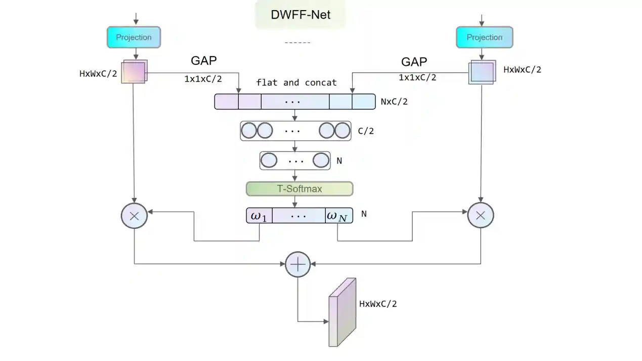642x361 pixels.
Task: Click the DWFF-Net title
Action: (x=301, y=15)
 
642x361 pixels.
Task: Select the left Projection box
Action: (x=134, y=37)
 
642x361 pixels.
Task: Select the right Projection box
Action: (x=484, y=37)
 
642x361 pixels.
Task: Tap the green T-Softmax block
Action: (x=299, y=189)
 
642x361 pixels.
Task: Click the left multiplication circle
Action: (x=134, y=216)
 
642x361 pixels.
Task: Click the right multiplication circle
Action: (x=481, y=216)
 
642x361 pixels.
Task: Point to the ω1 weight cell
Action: (x=258, y=216)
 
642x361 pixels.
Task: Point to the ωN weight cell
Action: (x=337, y=216)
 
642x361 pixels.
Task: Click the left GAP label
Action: (x=204, y=61)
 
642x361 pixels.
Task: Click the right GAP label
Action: (x=414, y=62)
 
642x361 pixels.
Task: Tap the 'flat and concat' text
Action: (x=296, y=83)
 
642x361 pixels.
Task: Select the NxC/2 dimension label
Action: (x=394, y=102)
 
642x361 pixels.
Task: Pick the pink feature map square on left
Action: (x=134, y=72)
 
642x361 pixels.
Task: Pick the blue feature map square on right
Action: (x=481, y=72)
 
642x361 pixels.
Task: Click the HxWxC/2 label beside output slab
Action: (x=378, y=304)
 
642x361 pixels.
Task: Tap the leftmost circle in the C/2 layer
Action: (x=249, y=131)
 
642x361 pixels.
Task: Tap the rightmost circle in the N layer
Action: (x=321, y=161)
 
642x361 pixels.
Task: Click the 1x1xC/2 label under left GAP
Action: (x=203, y=78)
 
